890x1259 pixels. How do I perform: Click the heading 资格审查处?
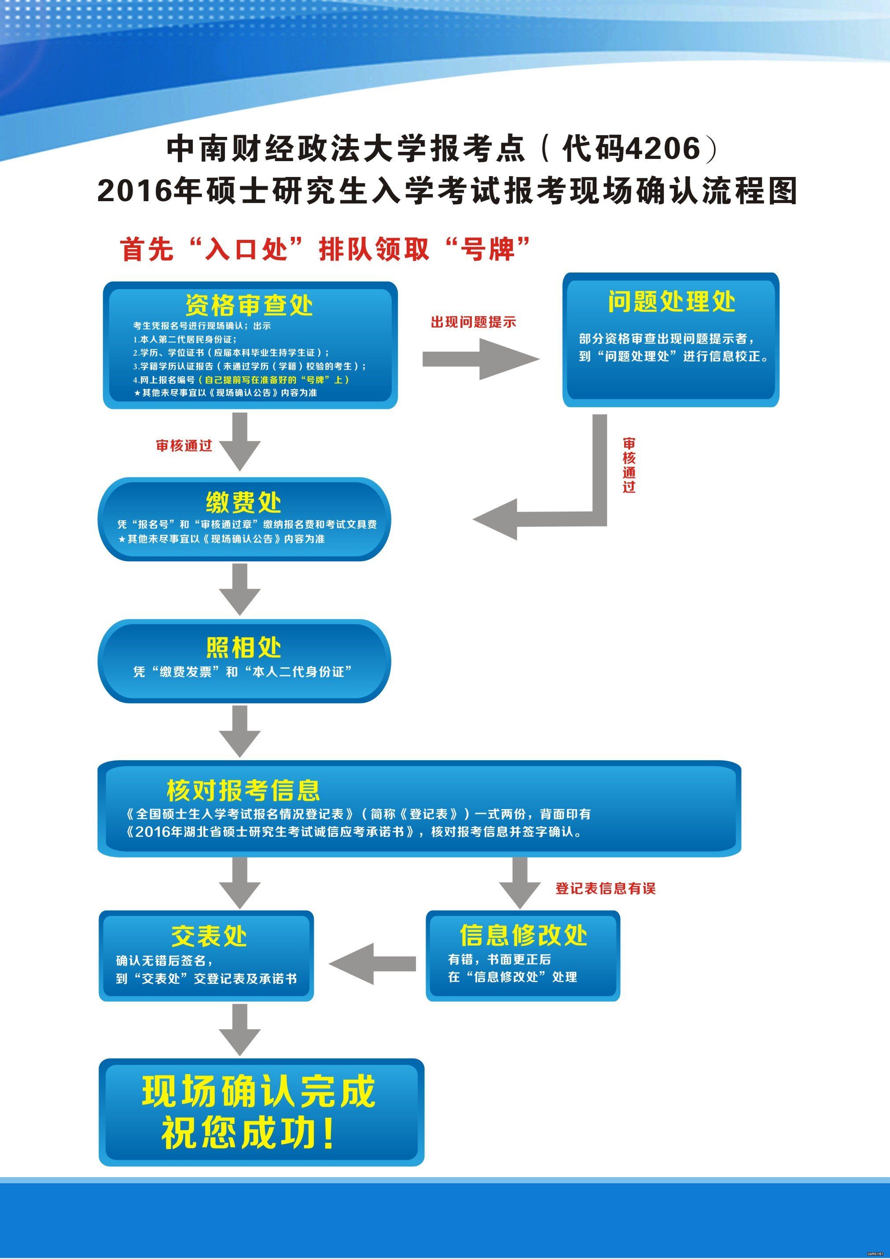point(249,305)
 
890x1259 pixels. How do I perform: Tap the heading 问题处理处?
point(671,302)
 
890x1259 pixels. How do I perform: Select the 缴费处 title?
point(243,501)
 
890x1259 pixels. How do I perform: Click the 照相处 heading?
point(243,648)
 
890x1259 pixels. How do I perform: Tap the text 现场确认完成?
point(259,1091)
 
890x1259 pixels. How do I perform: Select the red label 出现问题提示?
point(473,322)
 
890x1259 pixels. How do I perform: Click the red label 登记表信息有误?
point(605,888)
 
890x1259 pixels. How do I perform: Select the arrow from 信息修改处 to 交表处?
point(373,964)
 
